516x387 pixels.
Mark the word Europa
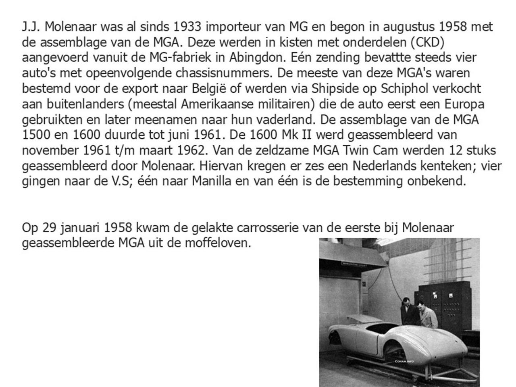click(x=464, y=104)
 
